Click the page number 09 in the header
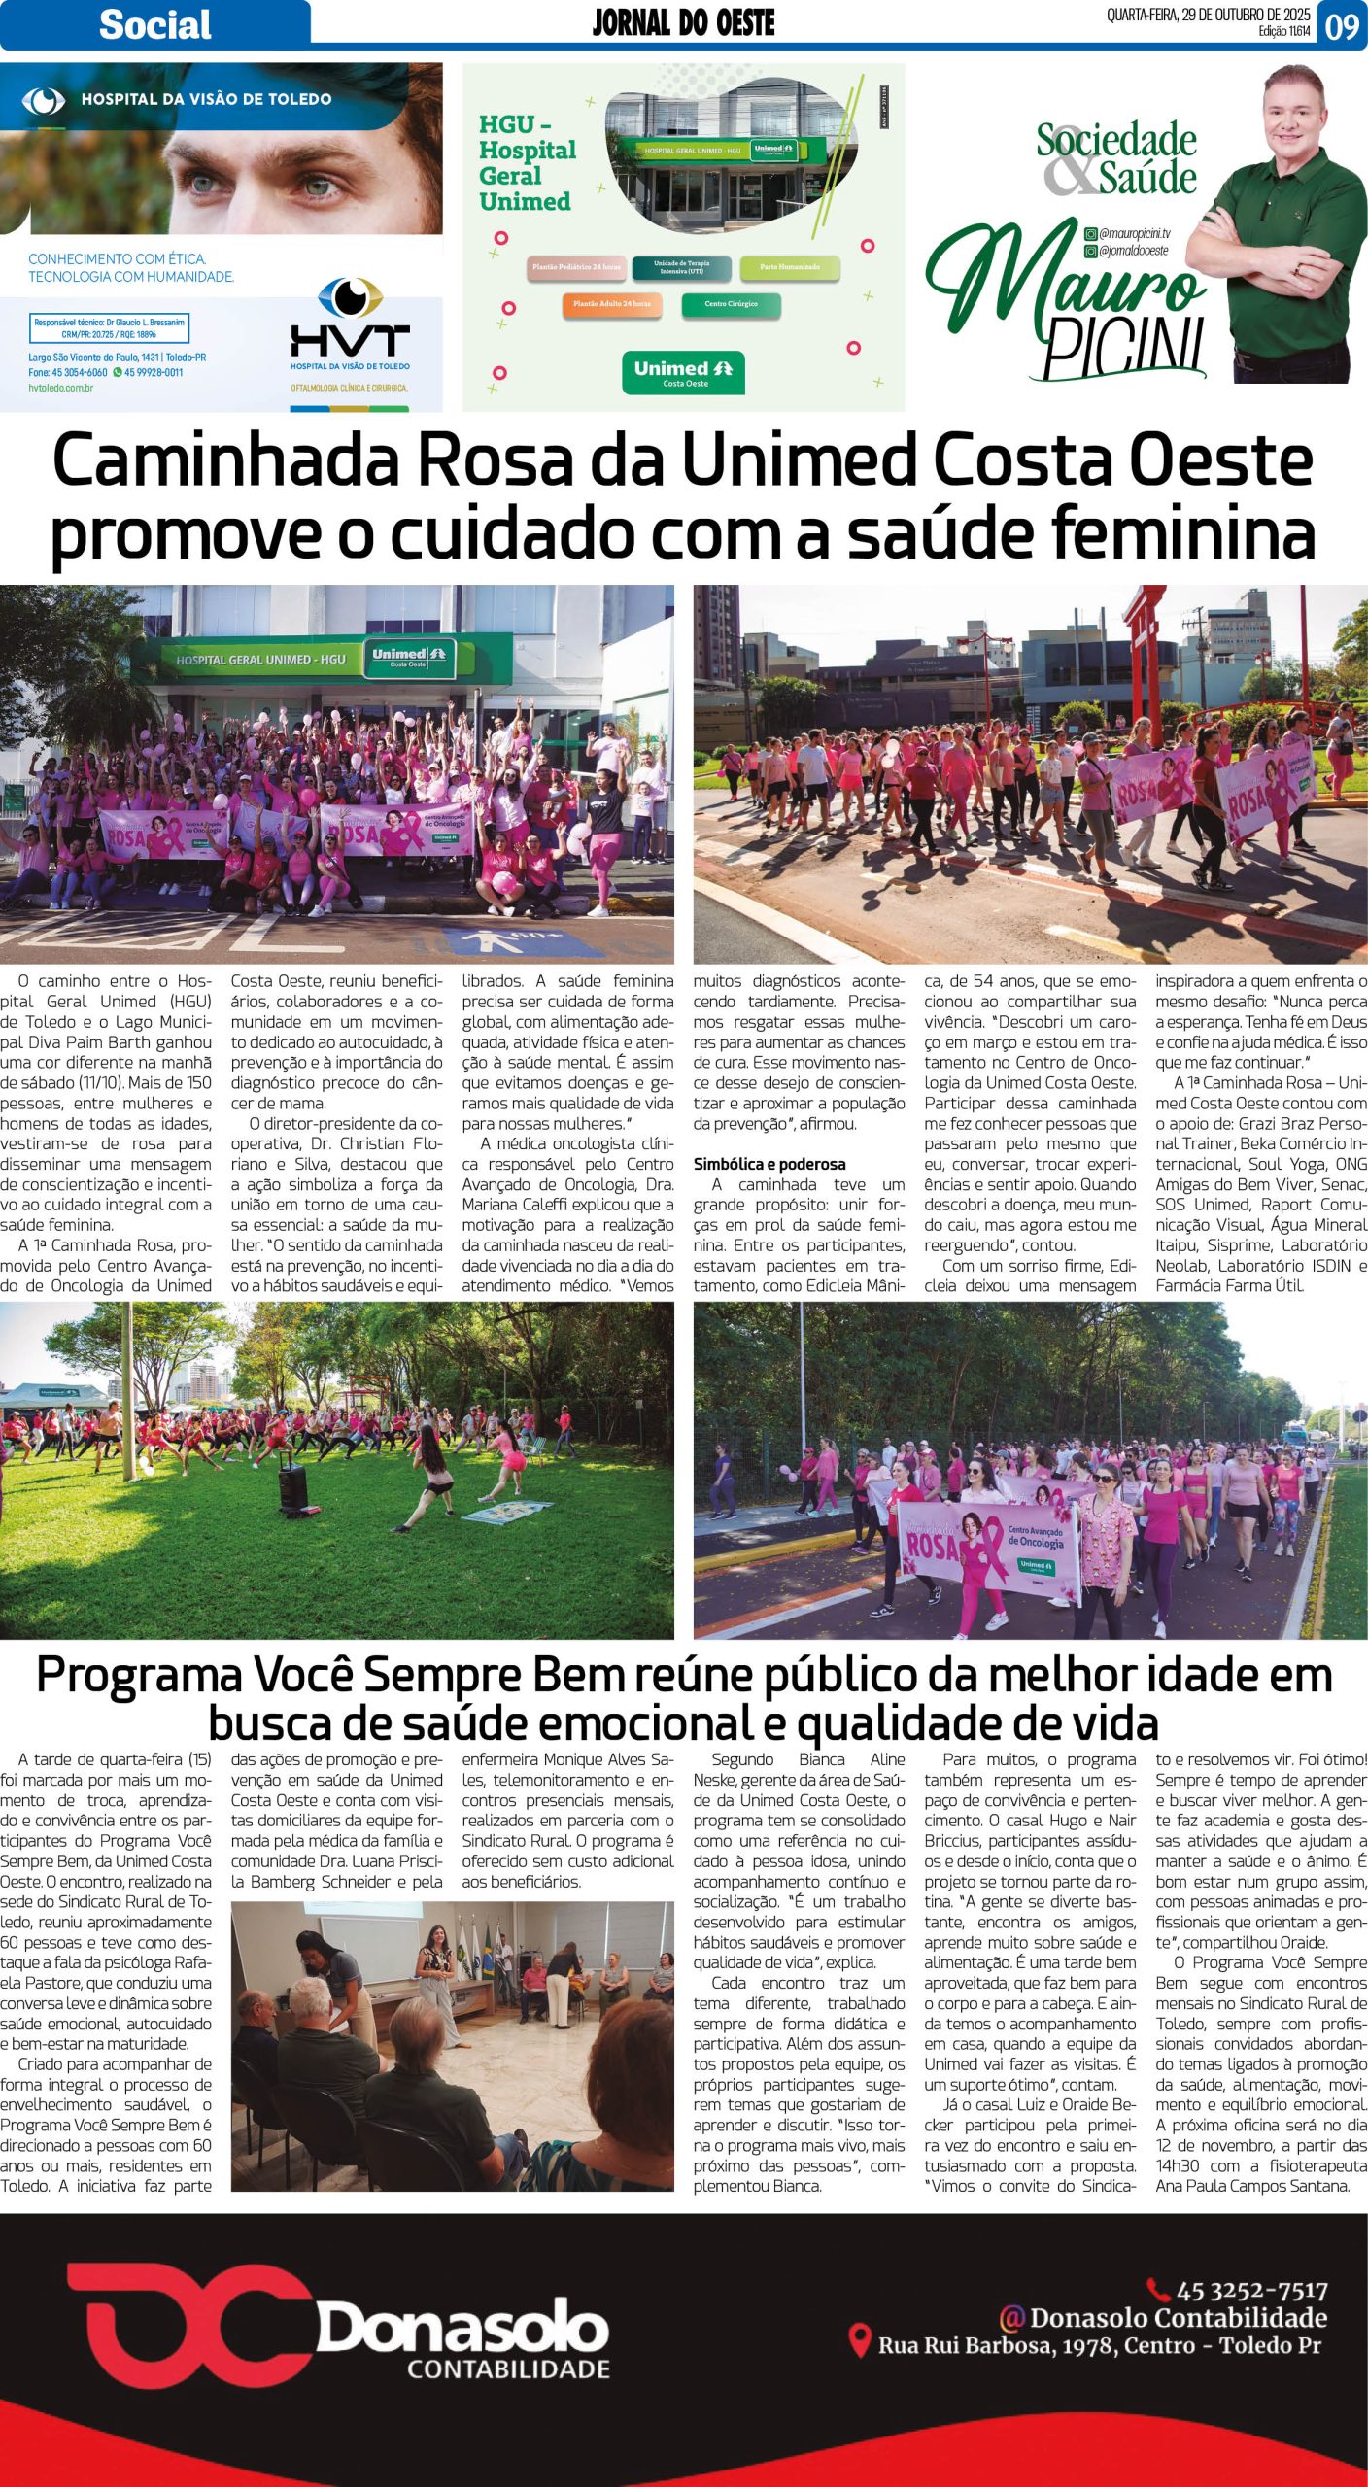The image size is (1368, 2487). (1342, 26)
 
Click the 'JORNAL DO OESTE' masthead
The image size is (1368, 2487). (683, 22)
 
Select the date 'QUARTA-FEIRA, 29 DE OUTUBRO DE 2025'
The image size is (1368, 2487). (1208, 15)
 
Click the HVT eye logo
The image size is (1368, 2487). (351, 298)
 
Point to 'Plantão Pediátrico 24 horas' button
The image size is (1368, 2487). (575, 266)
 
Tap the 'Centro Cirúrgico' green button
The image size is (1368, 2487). (731, 304)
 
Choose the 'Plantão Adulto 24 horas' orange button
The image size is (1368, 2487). (611, 304)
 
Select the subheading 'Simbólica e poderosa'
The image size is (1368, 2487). (769, 1164)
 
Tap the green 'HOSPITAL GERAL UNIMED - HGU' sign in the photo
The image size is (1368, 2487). (260, 660)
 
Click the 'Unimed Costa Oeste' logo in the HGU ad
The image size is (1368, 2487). (683, 373)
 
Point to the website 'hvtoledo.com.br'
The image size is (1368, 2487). (60, 388)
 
